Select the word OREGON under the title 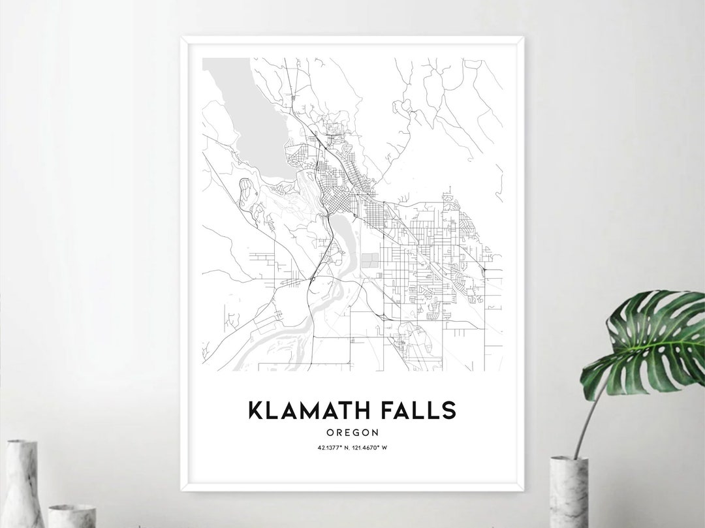pyautogui.click(x=352, y=432)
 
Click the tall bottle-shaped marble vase pyautogui.click(x=23, y=483)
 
